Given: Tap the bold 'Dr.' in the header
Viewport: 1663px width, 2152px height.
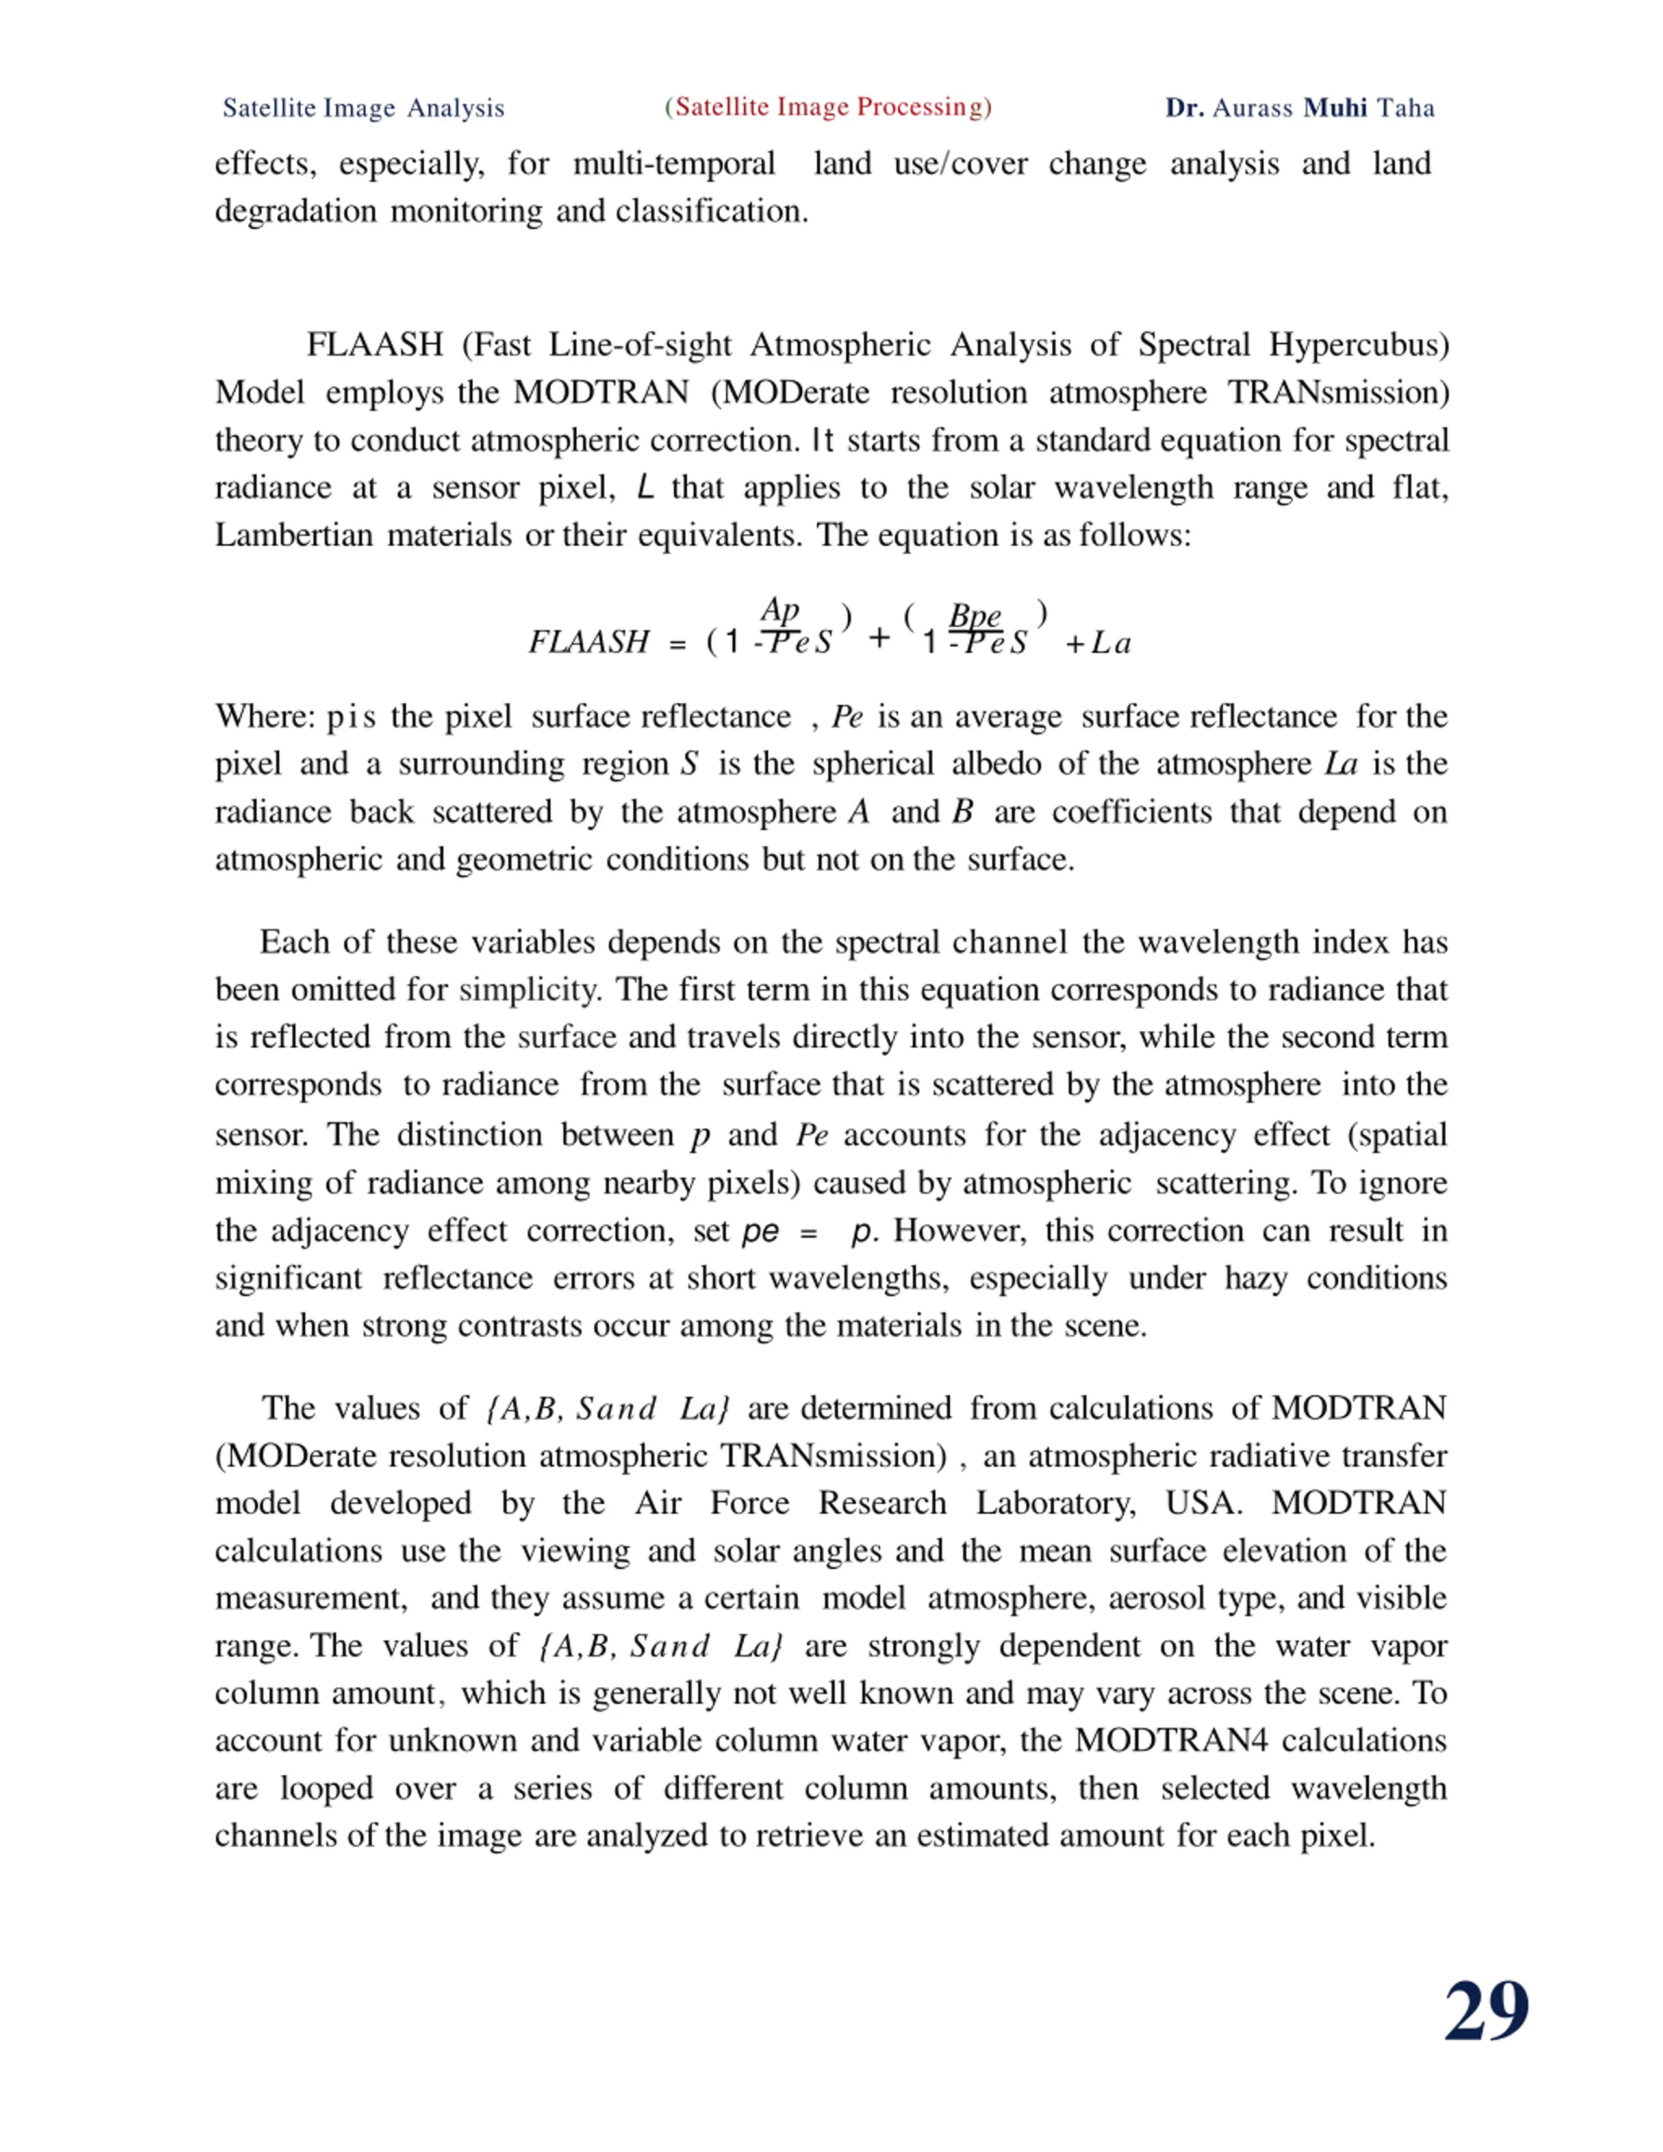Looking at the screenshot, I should pos(1184,108).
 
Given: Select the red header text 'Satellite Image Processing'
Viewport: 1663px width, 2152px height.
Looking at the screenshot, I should pos(828,107).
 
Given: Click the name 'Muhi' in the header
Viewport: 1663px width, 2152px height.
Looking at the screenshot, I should pos(1335,108).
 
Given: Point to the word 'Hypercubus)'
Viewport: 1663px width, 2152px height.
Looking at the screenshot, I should pos(1358,345).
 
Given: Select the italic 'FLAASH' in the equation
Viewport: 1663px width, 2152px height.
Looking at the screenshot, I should pos(588,642).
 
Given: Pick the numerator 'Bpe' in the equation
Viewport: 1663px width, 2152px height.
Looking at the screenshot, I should pos(974,617).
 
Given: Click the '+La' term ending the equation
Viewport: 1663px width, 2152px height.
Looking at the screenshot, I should pos(1098,644).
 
